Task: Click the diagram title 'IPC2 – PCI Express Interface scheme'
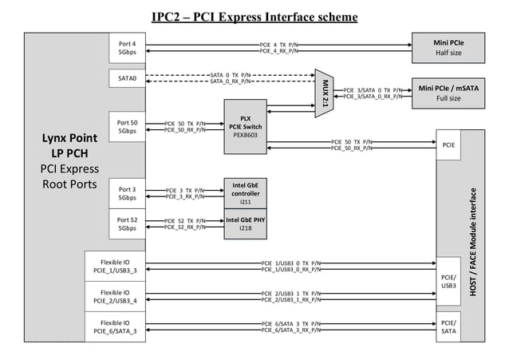point(254,17)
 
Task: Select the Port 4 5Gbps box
point(127,48)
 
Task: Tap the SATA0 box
point(127,78)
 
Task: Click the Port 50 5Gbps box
point(127,127)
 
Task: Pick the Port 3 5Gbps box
point(127,193)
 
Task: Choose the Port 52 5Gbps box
point(127,224)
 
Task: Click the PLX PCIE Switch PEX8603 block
point(245,127)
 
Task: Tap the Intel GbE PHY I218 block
point(245,224)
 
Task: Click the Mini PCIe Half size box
point(448,48)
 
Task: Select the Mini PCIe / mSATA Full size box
point(448,93)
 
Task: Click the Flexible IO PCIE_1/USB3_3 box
point(115,267)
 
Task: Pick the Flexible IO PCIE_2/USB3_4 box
point(115,296)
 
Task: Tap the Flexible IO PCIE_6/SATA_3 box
point(115,326)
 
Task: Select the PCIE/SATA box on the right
point(448,326)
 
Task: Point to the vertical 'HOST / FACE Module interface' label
point(473,239)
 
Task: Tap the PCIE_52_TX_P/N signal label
point(184,220)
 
